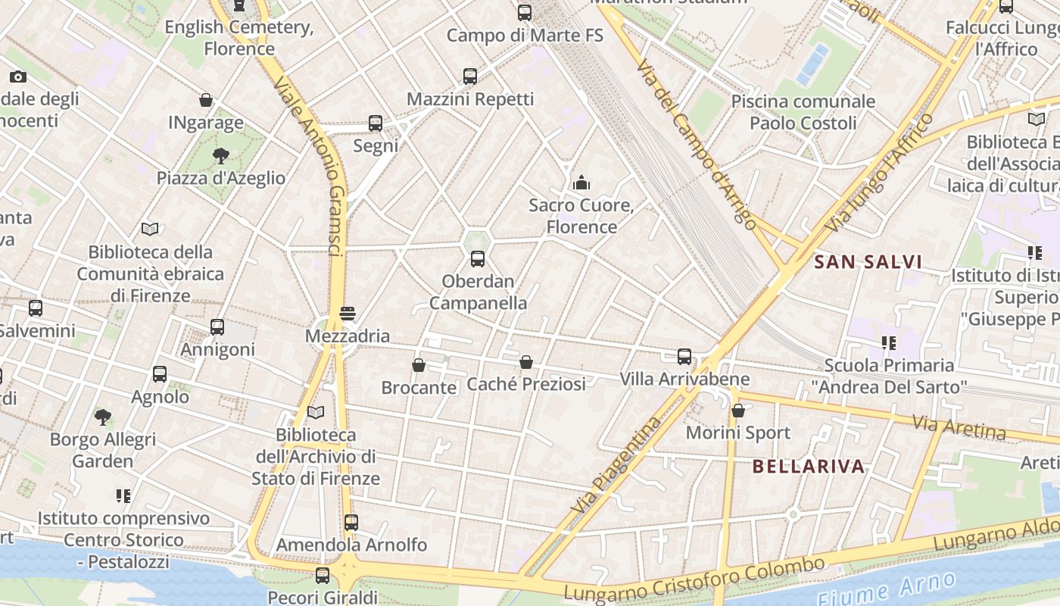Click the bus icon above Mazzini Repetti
[x=470, y=76]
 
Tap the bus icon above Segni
[x=376, y=123]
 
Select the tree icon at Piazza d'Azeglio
[x=221, y=156]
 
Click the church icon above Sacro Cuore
[x=581, y=183]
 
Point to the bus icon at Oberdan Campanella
[x=478, y=259]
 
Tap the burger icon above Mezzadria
[x=348, y=313]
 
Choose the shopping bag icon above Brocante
[x=419, y=365]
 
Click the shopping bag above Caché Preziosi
[x=526, y=362]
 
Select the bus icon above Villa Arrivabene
[x=684, y=356]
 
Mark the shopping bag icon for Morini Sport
[x=738, y=411]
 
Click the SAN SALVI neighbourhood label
[x=868, y=262]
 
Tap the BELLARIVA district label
[x=809, y=466]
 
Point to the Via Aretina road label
[x=959, y=427]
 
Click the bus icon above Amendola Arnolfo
[x=351, y=522]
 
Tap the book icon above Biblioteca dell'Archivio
[x=316, y=412]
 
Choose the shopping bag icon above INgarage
[x=206, y=100]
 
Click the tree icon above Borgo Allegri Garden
[x=103, y=417]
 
